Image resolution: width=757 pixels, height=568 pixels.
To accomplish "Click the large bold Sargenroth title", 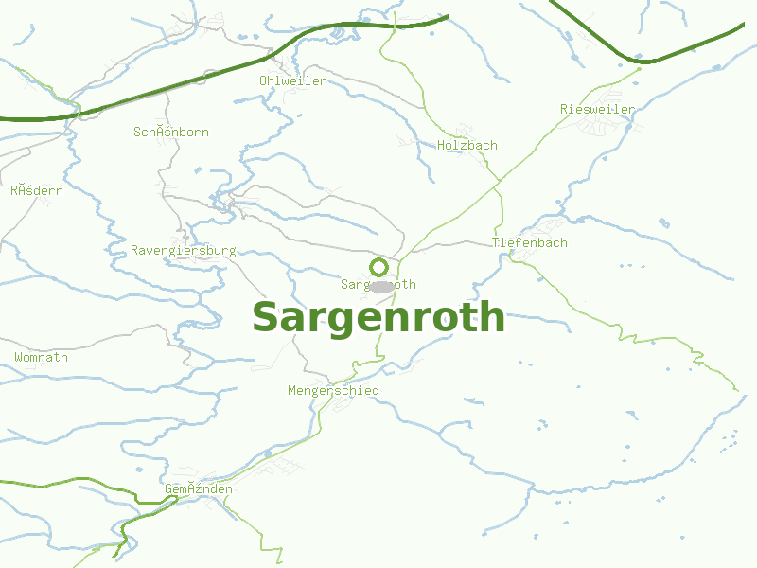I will click(378, 317).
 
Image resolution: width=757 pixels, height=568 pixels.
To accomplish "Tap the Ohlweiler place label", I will click(292, 80).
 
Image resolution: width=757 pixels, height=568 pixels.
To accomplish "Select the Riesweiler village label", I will click(597, 109).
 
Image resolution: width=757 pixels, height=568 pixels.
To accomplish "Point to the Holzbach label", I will click(467, 145).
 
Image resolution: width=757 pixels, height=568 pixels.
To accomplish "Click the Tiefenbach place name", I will click(529, 242).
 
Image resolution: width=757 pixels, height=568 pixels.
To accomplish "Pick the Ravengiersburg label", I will click(184, 251).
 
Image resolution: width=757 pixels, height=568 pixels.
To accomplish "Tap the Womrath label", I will click(41, 357).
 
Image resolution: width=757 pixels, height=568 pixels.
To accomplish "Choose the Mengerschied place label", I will click(333, 390).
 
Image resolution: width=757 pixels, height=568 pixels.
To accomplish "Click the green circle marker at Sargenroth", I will click(378, 267).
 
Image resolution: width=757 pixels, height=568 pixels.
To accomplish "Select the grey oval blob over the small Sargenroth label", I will click(380, 286).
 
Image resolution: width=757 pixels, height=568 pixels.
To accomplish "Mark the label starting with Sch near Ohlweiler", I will click(171, 132).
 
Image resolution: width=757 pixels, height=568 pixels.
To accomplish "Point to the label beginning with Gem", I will click(199, 488).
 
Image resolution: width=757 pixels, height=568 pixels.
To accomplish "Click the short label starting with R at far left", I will click(37, 190).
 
